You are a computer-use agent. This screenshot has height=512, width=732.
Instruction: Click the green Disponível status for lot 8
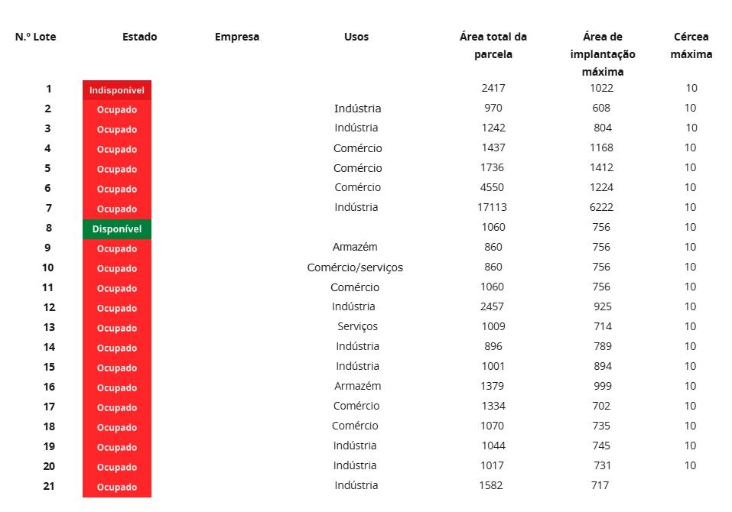click(117, 228)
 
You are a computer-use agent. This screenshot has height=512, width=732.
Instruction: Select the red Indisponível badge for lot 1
click(117, 90)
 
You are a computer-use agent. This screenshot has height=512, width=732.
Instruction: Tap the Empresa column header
click(237, 37)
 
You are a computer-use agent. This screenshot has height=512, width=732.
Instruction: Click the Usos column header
click(356, 37)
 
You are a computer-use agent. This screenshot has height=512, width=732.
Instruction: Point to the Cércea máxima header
click(691, 46)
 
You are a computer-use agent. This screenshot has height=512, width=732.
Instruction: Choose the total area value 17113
click(493, 207)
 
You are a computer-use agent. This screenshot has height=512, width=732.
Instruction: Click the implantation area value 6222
click(602, 207)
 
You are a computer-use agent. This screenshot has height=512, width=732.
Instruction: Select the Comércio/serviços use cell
click(355, 267)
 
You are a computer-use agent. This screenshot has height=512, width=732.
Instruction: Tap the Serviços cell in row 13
click(357, 326)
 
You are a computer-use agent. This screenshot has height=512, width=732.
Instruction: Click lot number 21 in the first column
click(48, 485)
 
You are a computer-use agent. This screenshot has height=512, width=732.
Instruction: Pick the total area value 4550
click(493, 187)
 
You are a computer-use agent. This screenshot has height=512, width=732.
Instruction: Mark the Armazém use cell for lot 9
click(355, 247)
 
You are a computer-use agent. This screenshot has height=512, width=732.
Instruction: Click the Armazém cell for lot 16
click(357, 386)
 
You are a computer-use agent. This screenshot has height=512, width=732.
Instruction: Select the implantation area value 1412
click(602, 167)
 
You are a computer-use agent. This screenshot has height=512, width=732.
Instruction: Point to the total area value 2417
click(493, 88)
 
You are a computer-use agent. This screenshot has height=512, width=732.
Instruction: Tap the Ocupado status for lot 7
click(117, 209)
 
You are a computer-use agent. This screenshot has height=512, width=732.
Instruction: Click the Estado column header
click(140, 37)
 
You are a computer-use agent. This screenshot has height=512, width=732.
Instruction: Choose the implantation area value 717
click(600, 485)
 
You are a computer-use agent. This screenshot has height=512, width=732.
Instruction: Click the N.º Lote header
click(36, 37)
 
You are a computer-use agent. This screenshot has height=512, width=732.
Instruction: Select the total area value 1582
click(493, 485)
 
